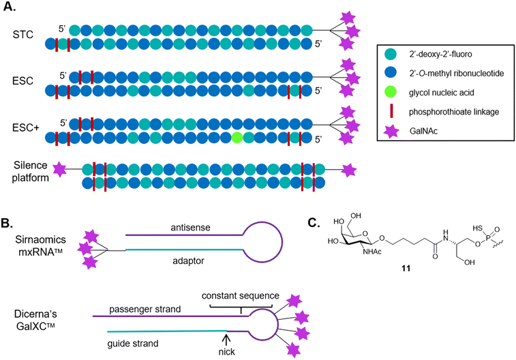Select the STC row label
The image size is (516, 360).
coord(22,32)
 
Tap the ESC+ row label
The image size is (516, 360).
coord(25,125)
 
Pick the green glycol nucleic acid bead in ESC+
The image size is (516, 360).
coord(237,138)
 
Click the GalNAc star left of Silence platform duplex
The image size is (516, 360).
coord(60,168)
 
